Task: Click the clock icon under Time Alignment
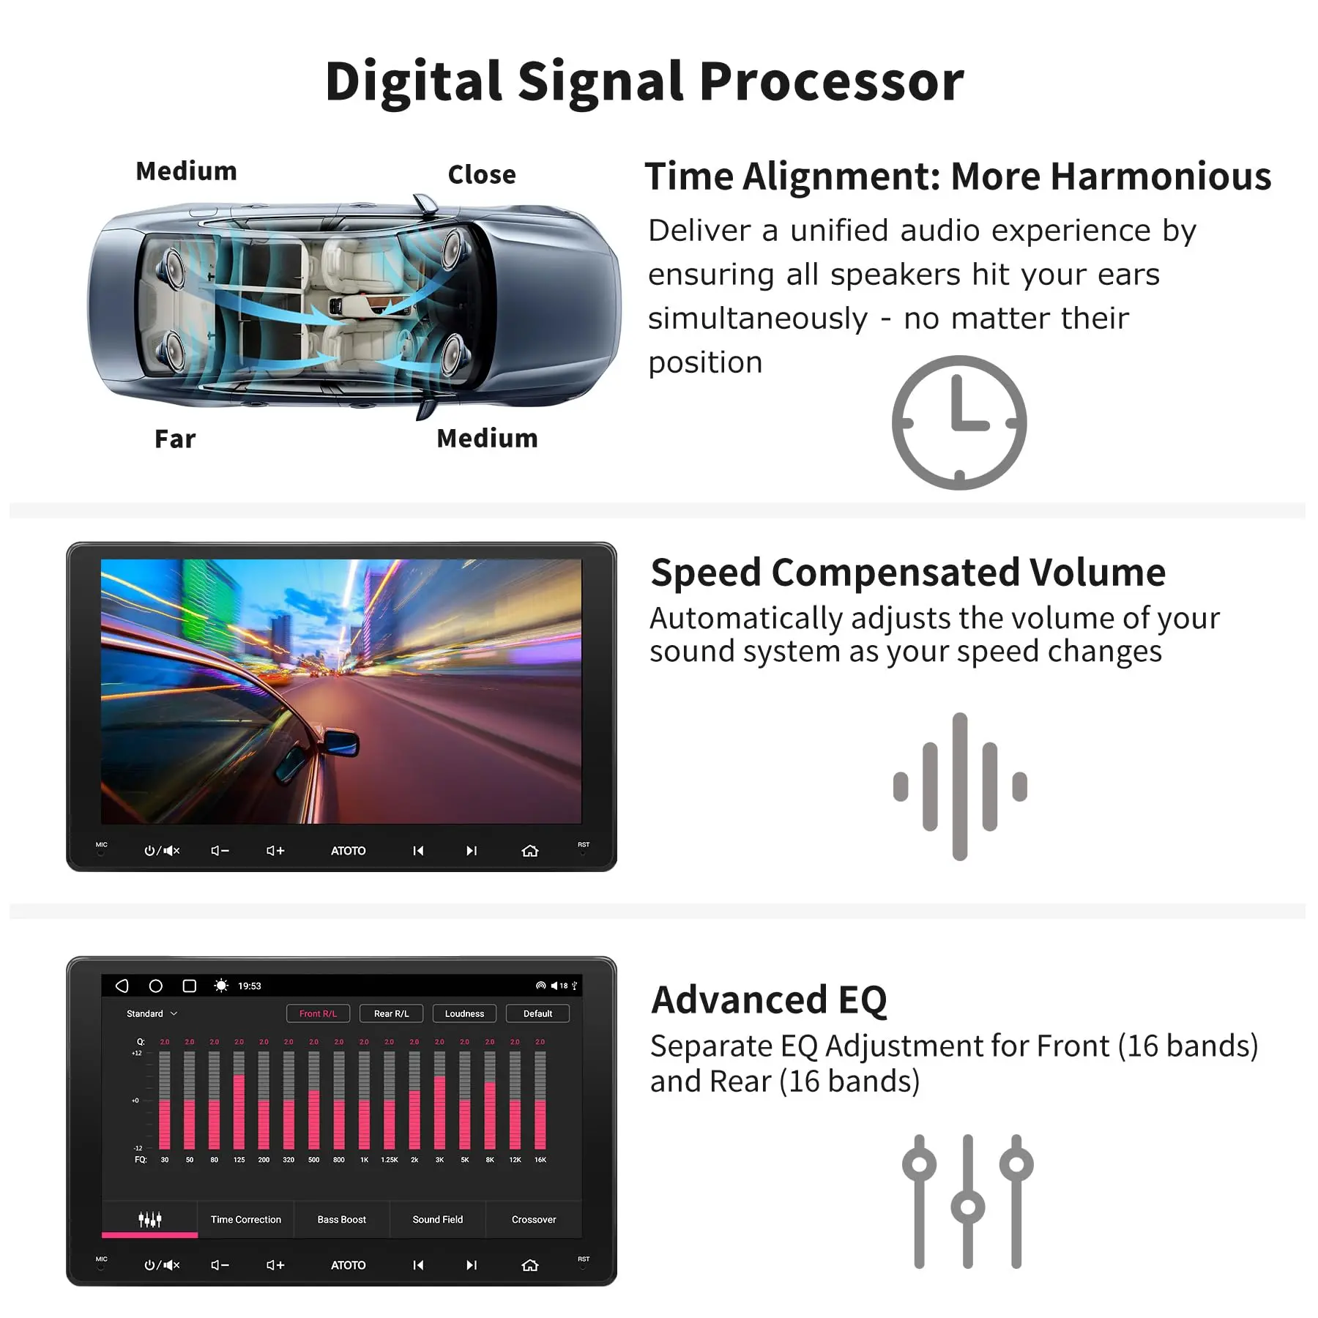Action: click(x=959, y=422)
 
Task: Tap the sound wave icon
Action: click(x=960, y=786)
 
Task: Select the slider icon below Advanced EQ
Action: click(x=967, y=1201)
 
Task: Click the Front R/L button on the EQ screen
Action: click(x=318, y=1013)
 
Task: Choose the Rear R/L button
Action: click(x=391, y=1013)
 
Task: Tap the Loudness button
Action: click(x=464, y=1013)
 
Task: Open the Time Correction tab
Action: click(x=245, y=1219)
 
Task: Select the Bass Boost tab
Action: click(x=341, y=1219)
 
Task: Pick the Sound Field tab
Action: click(x=437, y=1219)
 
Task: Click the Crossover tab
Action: click(x=534, y=1219)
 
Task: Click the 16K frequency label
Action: click(x=540, y=1160)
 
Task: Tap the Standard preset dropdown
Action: click(x=152, y=1013)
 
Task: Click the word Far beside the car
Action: click(x=175, y=439)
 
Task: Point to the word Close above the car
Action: click(x=482, y=175)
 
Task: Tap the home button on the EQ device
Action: click(x=529, y=1265)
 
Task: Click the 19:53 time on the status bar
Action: click(x=249, y=986)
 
